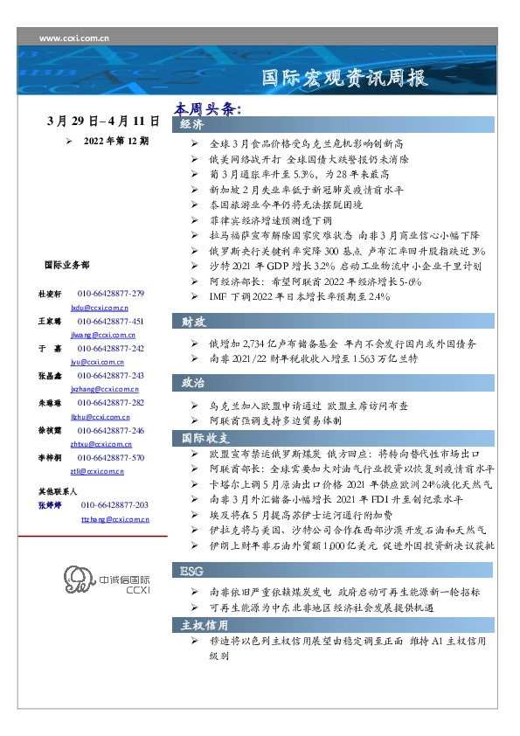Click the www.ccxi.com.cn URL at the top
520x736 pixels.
pos(74,38)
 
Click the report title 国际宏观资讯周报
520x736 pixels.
pos(346,79)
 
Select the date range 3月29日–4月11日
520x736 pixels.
pos(102,121)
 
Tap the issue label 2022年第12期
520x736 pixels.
pos(115,140)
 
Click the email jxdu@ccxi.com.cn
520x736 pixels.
pos(100,309)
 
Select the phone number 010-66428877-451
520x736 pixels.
pos(111,321)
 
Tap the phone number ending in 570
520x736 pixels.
pos(111,457)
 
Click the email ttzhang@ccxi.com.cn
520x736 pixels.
pos(114,519)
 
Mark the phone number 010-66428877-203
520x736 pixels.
pos(114,505)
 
